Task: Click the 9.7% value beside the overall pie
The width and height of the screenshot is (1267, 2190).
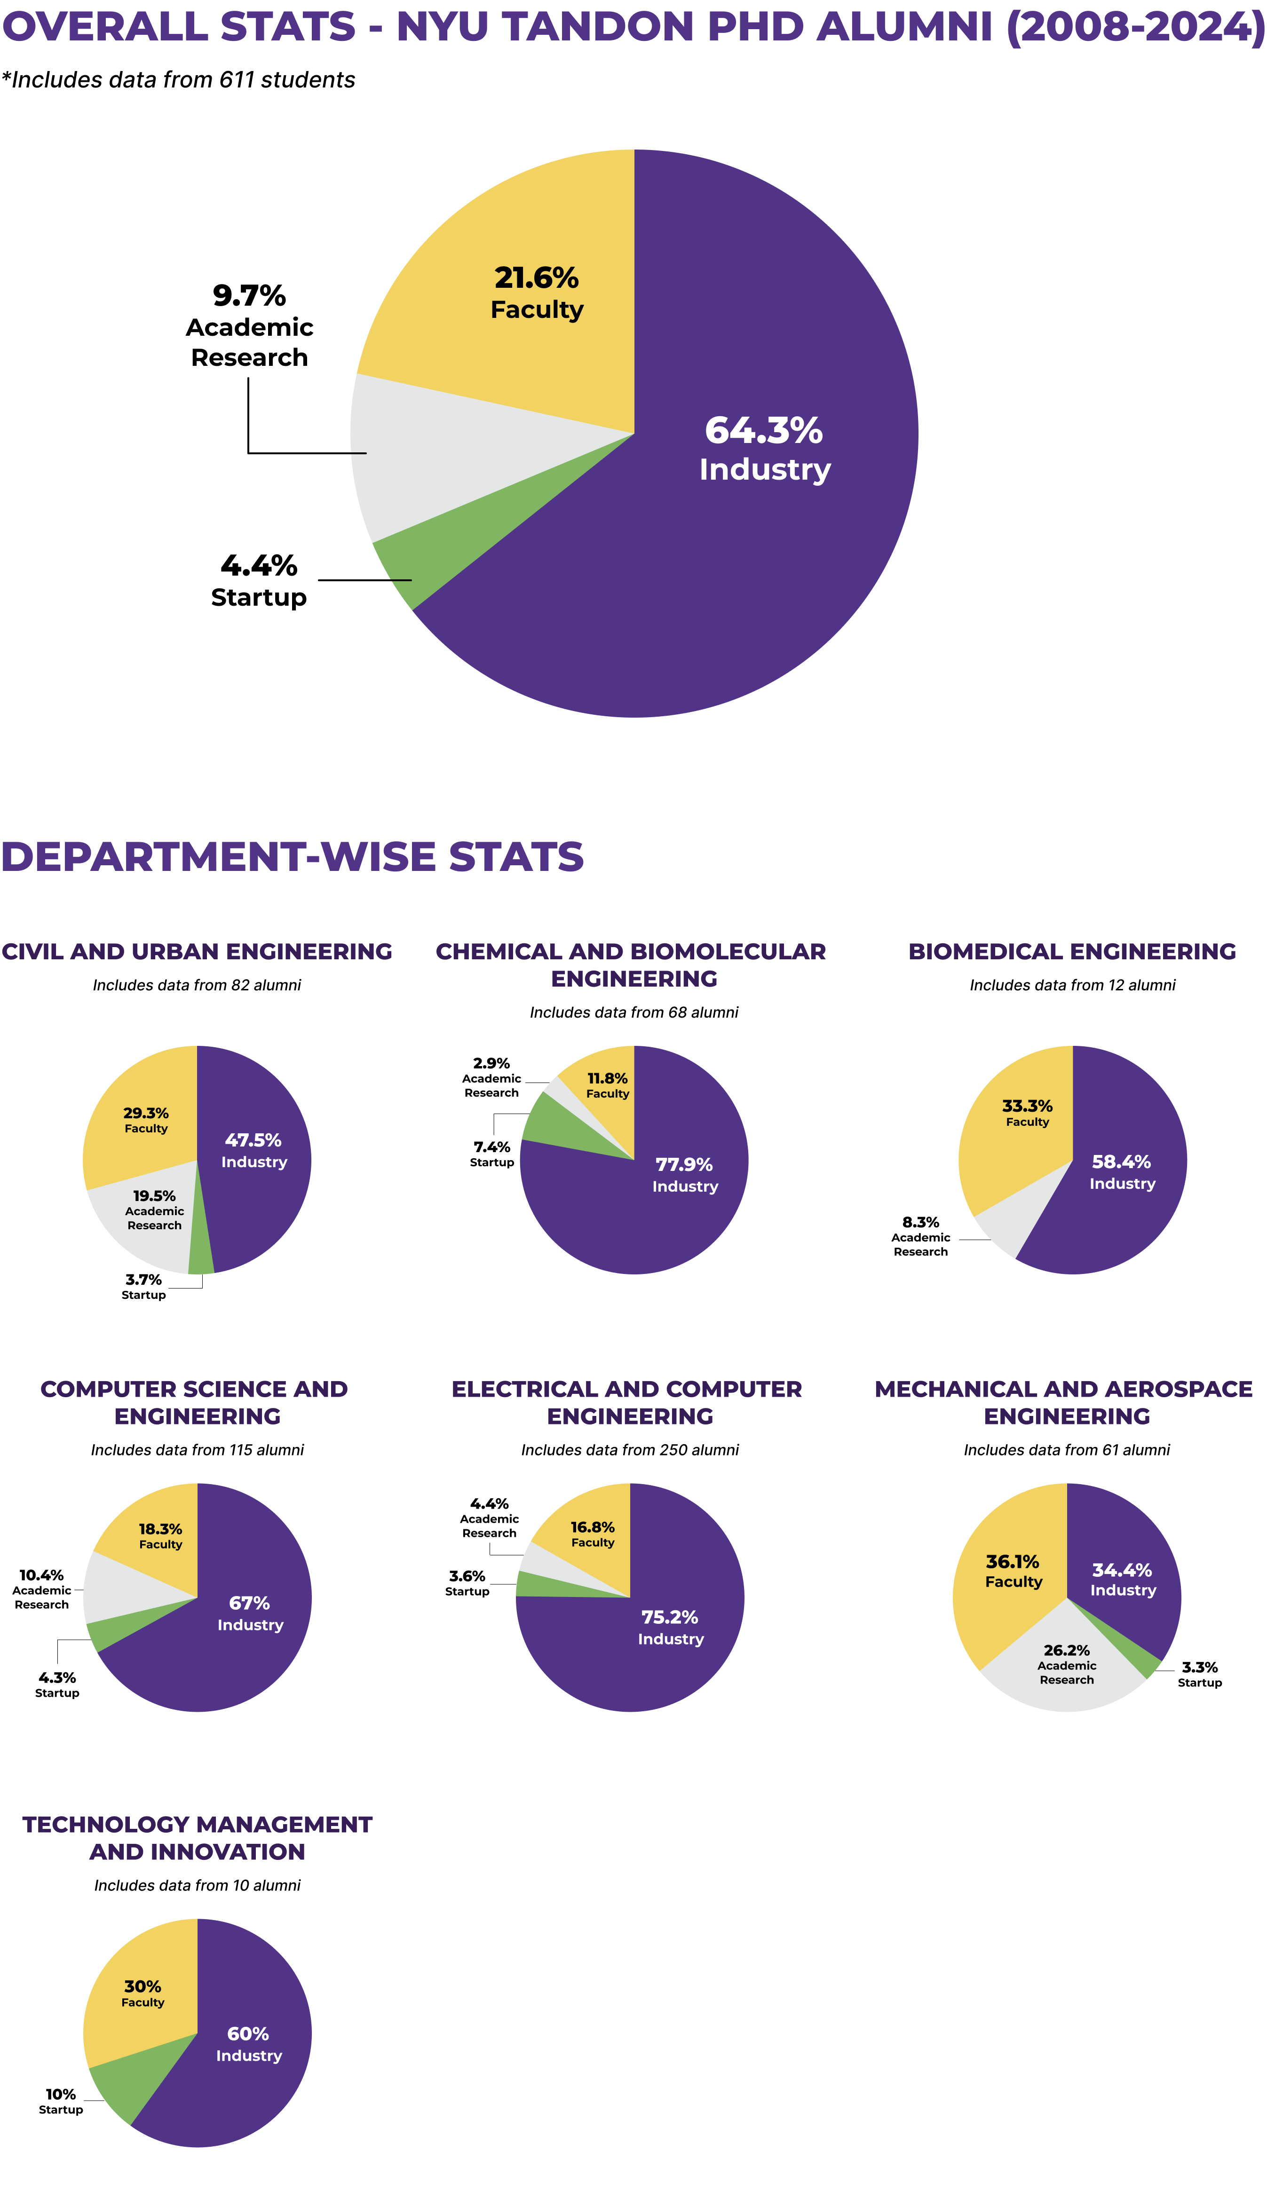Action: click(x=249, y=295)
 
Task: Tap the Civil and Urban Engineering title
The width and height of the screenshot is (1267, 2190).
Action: click(x=197, y=952)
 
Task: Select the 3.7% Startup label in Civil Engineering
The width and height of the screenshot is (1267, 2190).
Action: click(x=143, y=1286)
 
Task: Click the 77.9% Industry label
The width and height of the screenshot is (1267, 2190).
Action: click(x=685, y=1175)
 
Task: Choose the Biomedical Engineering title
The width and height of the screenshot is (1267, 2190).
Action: click(x=1071, y=952)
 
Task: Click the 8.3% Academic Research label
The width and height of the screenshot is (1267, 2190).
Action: click(x=920, y=1236)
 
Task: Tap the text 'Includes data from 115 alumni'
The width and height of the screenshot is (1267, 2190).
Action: click(x=197, y=1449)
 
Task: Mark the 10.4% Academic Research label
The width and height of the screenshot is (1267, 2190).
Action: click(x=42, y=1589)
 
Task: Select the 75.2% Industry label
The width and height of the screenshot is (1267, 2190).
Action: click(x=670, y=1627)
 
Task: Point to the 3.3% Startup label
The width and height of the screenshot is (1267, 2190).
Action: click(x=1199, y=1674)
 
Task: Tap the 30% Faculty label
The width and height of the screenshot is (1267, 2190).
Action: click(x=143, y=1993)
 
